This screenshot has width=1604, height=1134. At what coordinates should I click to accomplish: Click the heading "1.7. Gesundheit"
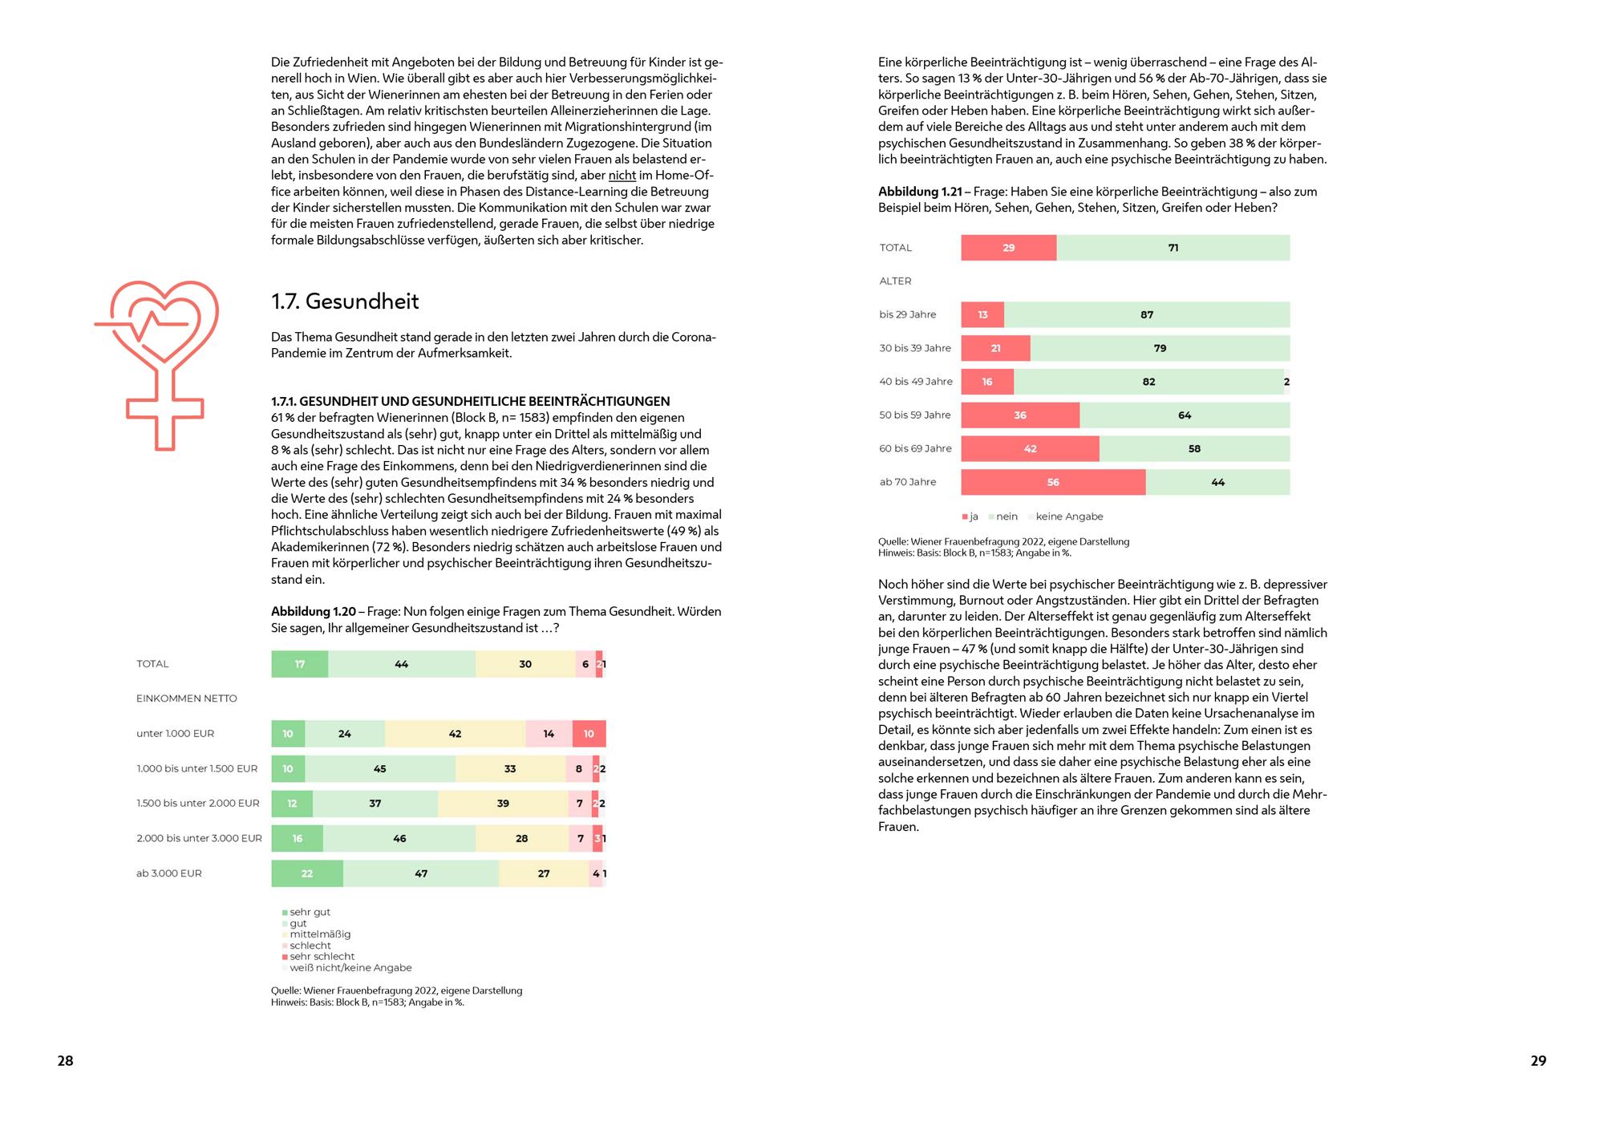click(x=345, y=302)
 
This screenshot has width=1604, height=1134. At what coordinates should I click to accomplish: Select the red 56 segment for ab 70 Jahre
click(x=1053, y=482)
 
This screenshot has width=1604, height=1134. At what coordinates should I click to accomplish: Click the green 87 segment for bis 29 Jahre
click(x=1147, y=314)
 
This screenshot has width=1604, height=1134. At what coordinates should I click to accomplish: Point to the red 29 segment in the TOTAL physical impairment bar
click(x=1008, y=248)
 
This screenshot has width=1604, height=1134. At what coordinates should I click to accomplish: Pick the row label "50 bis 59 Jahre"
click(x=915, y=415)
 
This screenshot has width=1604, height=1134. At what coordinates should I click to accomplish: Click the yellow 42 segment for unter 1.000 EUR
click(x=455, y=734)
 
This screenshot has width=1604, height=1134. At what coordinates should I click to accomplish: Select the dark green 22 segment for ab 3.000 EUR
click(x=306, y=873)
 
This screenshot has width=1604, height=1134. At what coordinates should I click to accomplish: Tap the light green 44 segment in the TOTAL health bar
click(x=401, y=664)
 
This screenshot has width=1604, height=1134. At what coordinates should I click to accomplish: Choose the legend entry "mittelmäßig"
click(x=320, y=934)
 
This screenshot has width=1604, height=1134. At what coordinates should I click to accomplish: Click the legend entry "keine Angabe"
click(x=1069, y=516)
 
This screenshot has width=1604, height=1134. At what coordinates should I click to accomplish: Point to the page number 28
click(x=65, y=1061)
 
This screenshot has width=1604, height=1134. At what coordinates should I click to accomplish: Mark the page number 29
click(x=1538, y=1061)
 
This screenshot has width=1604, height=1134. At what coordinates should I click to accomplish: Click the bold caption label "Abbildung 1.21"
click(x=919, y=192)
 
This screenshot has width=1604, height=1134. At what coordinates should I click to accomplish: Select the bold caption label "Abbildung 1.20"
click(x=313, y=612)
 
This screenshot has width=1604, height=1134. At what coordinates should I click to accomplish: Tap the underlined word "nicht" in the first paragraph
click(x=622, y=176)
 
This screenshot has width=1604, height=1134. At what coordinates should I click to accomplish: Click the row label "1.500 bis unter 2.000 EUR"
click(x=198, y=803)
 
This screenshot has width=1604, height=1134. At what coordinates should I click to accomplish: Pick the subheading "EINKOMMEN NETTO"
click(x=187, y=699)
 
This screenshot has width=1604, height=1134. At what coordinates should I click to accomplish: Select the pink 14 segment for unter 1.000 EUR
click(x=549, y=734)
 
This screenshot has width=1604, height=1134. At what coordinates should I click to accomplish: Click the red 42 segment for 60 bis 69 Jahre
click(x=1030, y=448)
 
